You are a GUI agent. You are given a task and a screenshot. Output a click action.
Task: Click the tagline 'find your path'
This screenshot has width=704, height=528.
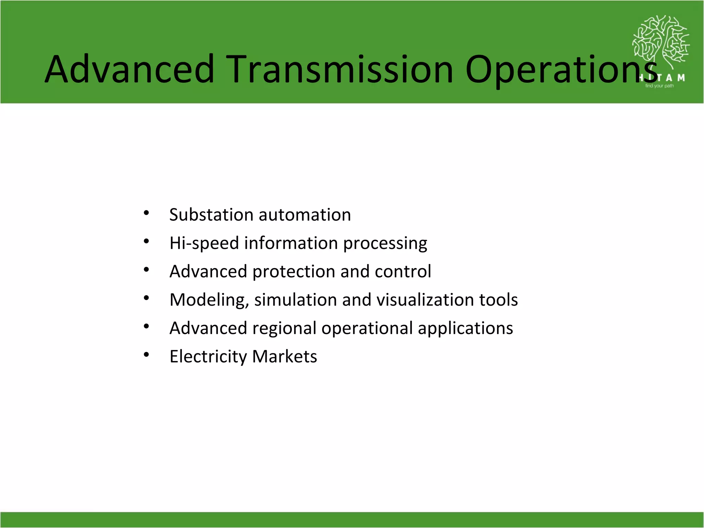tap(659, 86)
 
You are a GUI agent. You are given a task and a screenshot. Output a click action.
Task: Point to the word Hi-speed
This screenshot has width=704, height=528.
tap(204, 243)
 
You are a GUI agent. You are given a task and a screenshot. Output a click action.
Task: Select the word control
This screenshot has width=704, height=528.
tap(403, 272)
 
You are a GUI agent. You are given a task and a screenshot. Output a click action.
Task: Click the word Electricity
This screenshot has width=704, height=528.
tap(208, 357)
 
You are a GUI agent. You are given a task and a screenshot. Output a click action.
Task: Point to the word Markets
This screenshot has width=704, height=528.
tap(284, 356)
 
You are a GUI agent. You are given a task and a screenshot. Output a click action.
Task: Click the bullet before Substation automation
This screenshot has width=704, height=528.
tap(146, 213)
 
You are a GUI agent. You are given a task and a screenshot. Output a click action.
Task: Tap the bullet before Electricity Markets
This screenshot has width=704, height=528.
tap(146, 355)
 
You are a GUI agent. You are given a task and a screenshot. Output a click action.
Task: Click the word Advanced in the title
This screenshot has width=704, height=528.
tap(130, 69)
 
